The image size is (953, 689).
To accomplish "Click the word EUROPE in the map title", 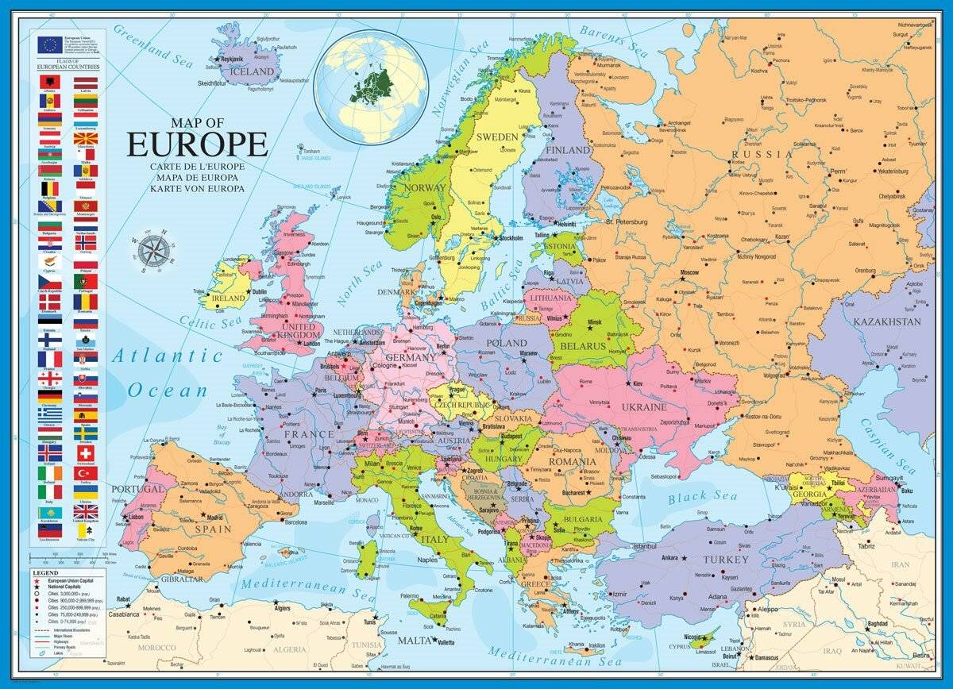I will pos(198,144).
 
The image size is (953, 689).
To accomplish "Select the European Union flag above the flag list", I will pos(48,44).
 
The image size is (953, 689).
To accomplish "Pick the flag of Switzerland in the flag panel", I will pos(86,452).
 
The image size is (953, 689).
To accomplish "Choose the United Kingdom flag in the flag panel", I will pos(86,511).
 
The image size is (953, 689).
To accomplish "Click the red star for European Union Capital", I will pos(37,581).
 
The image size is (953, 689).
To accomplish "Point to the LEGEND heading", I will pos(45,572).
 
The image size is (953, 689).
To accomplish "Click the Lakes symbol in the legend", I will pos(37,652).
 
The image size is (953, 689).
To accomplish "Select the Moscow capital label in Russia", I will pos(689,272).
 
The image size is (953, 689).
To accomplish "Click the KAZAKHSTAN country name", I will pos(887,322).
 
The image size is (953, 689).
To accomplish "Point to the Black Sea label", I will pos(702,497).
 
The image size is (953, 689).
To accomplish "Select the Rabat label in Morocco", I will pos(122,599).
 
